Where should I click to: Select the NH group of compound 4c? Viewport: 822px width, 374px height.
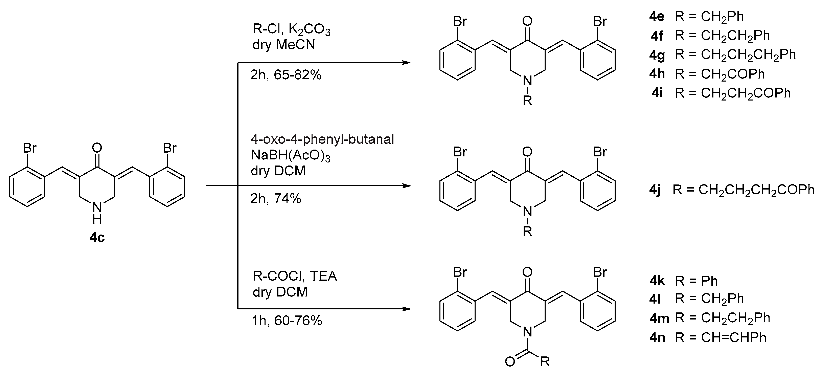tap(97, 213)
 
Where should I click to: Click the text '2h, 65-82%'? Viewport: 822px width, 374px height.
tap(286, 75)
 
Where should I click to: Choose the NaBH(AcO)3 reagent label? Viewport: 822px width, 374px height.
tap(290, 155)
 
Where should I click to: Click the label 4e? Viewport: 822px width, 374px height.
tap(657, 17)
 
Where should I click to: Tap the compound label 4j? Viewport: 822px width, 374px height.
tap(655, 190)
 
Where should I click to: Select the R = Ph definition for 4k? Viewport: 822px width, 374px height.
tap(696, 281)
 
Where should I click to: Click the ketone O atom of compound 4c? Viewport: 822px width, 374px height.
tap(97, 148)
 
